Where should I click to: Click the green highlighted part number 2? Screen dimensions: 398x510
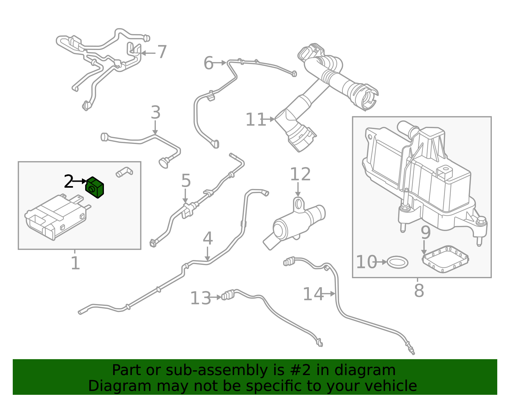click(x=95, y=187)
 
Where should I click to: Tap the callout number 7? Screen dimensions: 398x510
click(x=162, y=52)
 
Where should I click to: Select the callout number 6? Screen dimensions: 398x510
click(x=208, y=63)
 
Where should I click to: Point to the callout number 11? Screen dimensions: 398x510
click(x=255, y=120)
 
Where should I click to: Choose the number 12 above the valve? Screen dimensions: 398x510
click(x=300, y=174)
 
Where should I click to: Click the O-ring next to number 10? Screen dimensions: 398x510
click(x=397, y=262)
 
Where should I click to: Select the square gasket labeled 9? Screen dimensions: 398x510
click(x=445, y=259)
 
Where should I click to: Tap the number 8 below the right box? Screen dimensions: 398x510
click(x=419, y=291)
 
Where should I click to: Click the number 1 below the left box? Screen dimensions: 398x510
click(x=75, y=264)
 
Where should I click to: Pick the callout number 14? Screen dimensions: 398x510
click(x=313, y=294)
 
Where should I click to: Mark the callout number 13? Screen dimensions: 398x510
click(x=200, y=299)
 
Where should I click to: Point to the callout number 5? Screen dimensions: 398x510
click(x=186, y=181)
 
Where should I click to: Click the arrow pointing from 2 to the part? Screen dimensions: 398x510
click(x=80, y=181)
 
